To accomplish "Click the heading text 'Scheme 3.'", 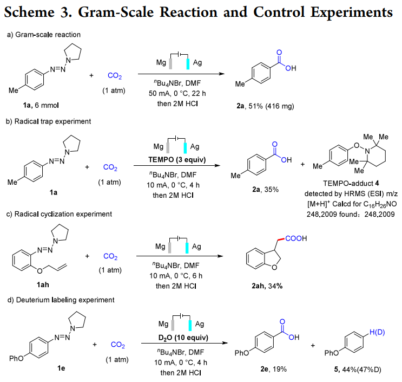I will pos(41,12).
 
